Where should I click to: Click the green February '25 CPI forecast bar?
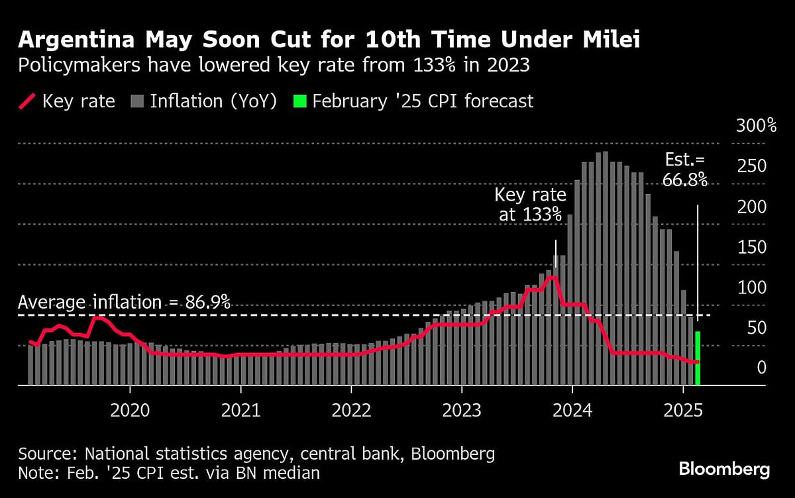point(698,358)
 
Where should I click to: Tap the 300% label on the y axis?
point(756,126)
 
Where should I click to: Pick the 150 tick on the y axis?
point(752,248)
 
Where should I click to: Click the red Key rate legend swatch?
point(27,101)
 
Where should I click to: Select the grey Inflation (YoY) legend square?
point(137,101)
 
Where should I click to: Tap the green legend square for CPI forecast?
point(300,101)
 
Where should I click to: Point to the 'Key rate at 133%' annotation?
point(531,205)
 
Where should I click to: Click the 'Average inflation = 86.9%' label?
point(124,303)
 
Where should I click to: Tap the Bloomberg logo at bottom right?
point(724,470)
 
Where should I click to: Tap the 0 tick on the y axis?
point(762,368)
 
